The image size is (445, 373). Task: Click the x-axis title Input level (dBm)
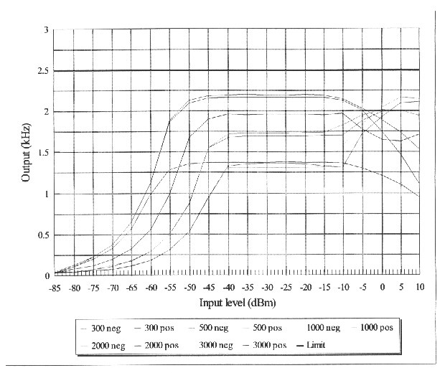(237, 303)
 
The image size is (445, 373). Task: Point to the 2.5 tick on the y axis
(44, 70)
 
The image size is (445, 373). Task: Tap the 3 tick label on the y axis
(45, 29)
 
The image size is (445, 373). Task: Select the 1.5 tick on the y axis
(44, 153)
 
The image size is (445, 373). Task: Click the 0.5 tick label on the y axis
(44, 235)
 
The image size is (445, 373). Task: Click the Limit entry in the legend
(314, 345)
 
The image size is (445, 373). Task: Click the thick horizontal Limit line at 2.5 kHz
(237, 70)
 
